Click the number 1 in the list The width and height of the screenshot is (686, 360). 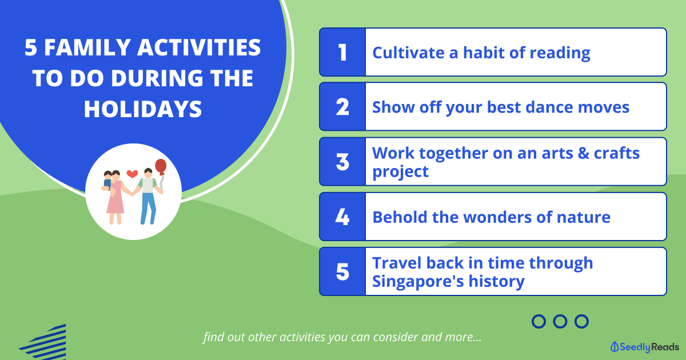point(342,53)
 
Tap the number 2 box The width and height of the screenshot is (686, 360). point(342,107)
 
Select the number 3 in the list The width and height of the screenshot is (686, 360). point(342,162)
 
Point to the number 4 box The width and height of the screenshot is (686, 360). point(342,217)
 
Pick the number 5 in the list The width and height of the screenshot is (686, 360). point(342,271)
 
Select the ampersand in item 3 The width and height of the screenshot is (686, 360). point(584,153)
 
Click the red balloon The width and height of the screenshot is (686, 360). point(161,167)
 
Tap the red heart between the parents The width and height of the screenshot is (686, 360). point(132,174)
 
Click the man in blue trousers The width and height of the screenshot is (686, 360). point(149,196)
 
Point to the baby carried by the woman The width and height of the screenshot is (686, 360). point(107,181)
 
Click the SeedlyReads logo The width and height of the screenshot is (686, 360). point(645,347)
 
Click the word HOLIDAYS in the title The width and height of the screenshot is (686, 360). point(143,109)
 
